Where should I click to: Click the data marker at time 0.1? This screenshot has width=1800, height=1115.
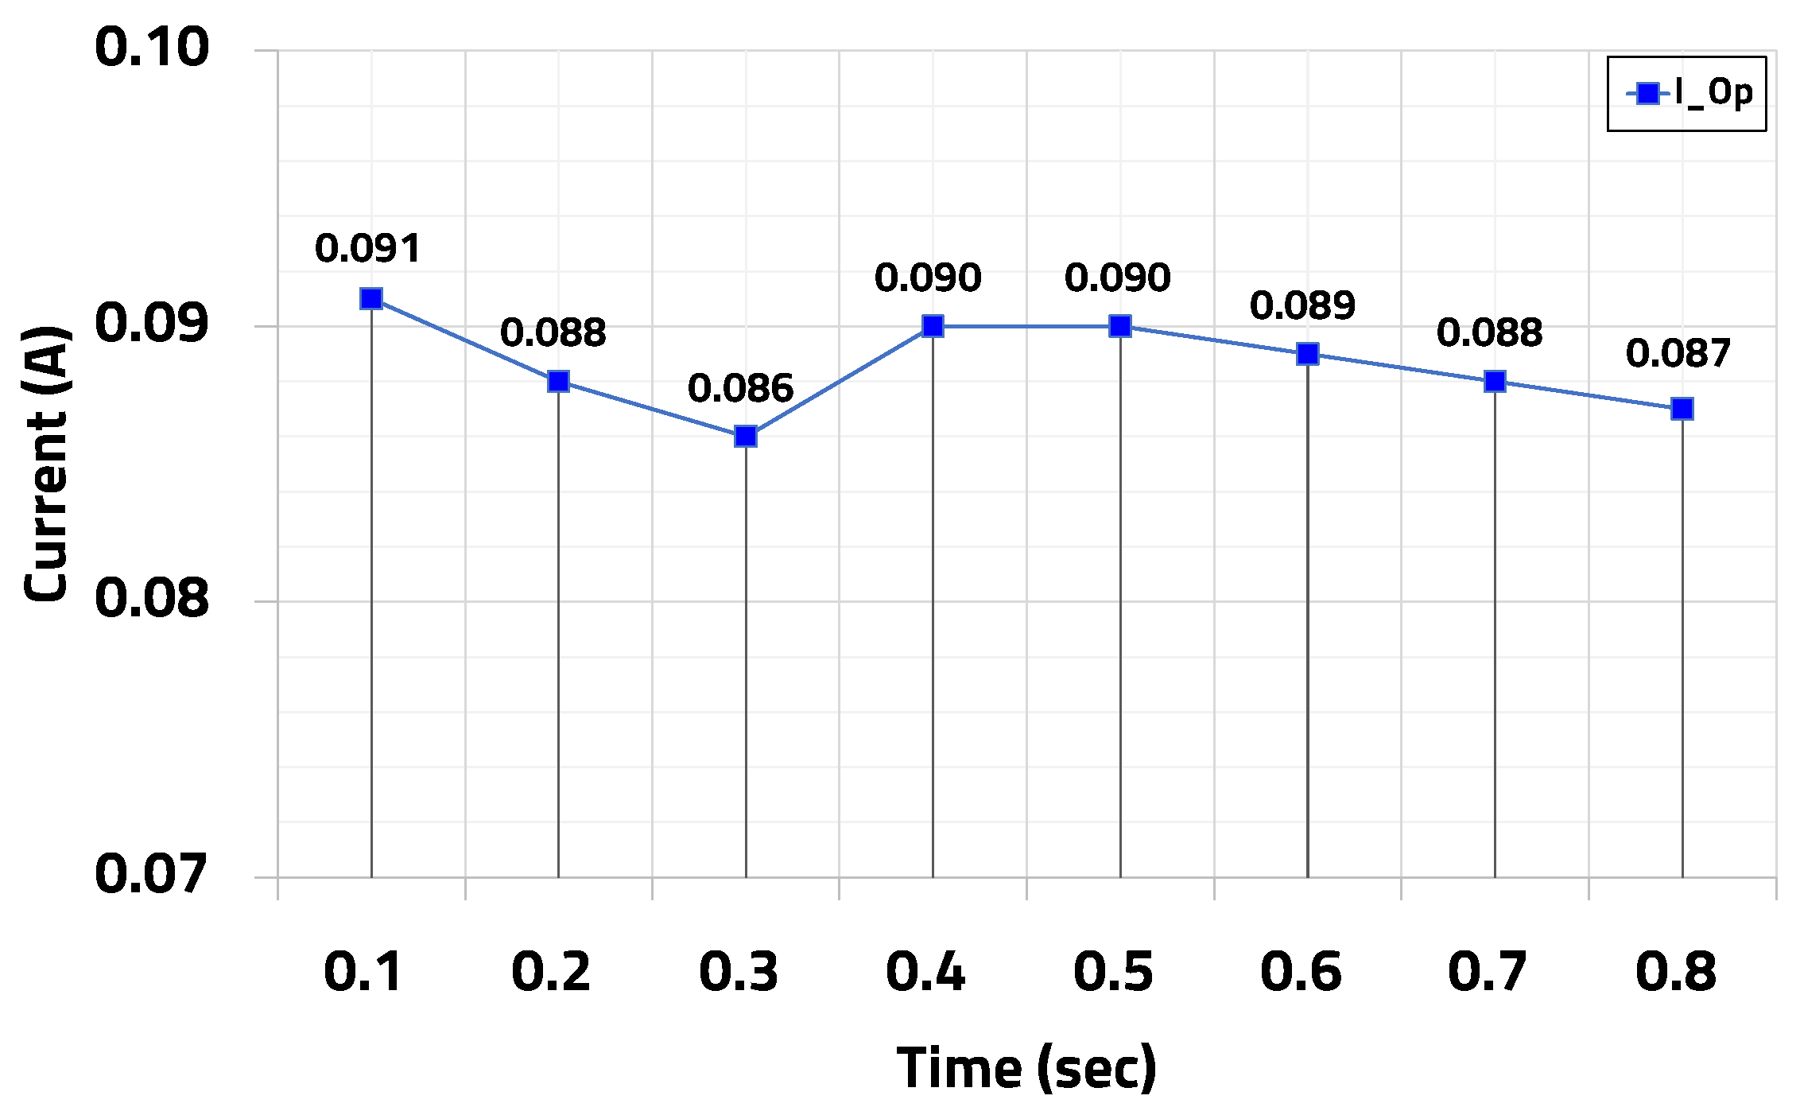click(371, 299)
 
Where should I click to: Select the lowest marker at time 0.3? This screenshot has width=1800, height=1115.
click(746, 436)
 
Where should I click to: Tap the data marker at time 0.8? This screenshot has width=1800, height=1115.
click(1682, 409)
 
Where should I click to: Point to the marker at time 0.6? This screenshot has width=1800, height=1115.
click(1307, 354)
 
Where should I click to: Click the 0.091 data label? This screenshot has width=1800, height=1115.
click(367, 248)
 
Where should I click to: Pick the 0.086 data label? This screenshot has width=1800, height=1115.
click(740, 388)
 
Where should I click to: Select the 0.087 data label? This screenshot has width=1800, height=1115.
click(1678, 353)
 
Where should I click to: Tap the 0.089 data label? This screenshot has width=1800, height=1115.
click(1302, 305)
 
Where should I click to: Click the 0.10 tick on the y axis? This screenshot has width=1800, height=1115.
click(151, 47)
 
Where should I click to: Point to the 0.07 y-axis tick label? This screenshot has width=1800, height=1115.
click(151, 873)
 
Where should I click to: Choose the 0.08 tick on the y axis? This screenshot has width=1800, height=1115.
click(151, 598)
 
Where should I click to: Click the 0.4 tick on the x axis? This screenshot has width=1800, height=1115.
click(925, 972)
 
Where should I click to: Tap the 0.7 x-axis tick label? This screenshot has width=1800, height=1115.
click(1488, 972)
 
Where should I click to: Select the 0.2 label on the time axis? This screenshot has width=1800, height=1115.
click(551, 972)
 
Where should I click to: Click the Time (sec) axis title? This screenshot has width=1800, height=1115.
click(1026, 1067)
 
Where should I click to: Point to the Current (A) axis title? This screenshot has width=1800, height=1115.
click(46, 463)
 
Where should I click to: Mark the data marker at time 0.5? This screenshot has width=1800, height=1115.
click(1120, 326)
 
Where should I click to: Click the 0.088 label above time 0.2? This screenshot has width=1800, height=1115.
click(553, 332)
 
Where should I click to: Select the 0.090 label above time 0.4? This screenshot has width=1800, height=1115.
click(928, 278)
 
